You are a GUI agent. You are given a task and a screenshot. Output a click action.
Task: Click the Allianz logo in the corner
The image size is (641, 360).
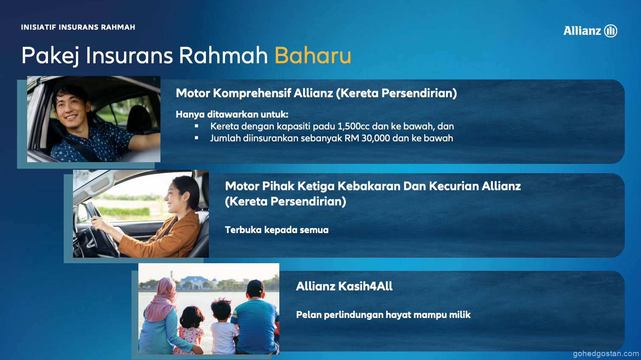tap(590, 31)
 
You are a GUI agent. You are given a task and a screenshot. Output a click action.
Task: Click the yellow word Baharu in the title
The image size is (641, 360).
tap(313, 55)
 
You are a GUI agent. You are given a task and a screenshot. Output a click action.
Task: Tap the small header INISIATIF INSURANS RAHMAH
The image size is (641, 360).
tap(78, 28)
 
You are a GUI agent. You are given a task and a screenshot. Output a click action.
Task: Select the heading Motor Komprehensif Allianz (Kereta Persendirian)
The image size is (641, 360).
tap(316, 93)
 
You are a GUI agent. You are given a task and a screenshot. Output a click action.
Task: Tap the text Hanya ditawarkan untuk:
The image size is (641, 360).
tap(232, 115)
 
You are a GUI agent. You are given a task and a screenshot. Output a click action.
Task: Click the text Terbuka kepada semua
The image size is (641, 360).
tap(277, 230)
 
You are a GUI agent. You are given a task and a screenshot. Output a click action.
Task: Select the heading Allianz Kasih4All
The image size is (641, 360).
tap(344, 286)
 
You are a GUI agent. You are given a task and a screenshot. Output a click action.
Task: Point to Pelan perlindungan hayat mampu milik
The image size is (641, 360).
tap(383, 315)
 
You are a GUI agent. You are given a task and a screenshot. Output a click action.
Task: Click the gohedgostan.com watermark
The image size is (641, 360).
tap(605, 354)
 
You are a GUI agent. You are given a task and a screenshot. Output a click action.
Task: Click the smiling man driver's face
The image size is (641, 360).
tap(69, 108)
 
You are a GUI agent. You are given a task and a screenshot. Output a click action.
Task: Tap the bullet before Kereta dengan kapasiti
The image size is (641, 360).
tap(196, 126)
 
